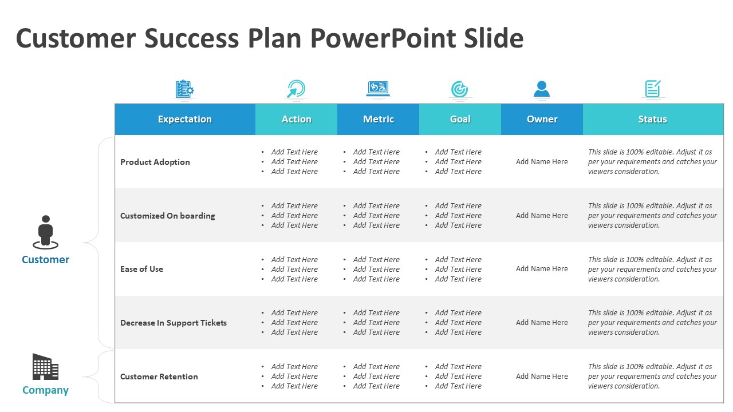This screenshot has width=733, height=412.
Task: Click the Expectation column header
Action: point(185,119)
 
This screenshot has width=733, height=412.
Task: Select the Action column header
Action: point(297,119)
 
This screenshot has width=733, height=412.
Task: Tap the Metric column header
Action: point(379,119)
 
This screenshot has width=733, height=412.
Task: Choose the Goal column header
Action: point(460,119)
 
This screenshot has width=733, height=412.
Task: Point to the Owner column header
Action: point(542,119)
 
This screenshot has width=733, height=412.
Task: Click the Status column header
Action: point(652,119)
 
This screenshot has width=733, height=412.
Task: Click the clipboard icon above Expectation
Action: point(184,89)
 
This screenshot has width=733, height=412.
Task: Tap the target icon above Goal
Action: point(459,89)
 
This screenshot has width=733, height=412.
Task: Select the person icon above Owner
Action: point(542,89)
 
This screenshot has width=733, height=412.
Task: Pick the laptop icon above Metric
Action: point(378,89)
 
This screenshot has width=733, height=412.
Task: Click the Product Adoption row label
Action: point(155,162)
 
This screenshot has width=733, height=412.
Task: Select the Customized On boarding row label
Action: point(168,216)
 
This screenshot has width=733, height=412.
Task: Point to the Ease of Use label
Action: point(141,269)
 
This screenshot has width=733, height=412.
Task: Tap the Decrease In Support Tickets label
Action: point(174,323)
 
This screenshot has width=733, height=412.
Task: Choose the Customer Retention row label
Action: point(159,377)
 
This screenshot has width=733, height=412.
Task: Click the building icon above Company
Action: point(45,367)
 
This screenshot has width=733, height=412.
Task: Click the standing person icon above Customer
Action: point(45,232)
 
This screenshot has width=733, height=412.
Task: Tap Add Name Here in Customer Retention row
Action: point(542,377)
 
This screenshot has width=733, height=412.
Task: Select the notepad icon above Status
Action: point(653,89)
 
